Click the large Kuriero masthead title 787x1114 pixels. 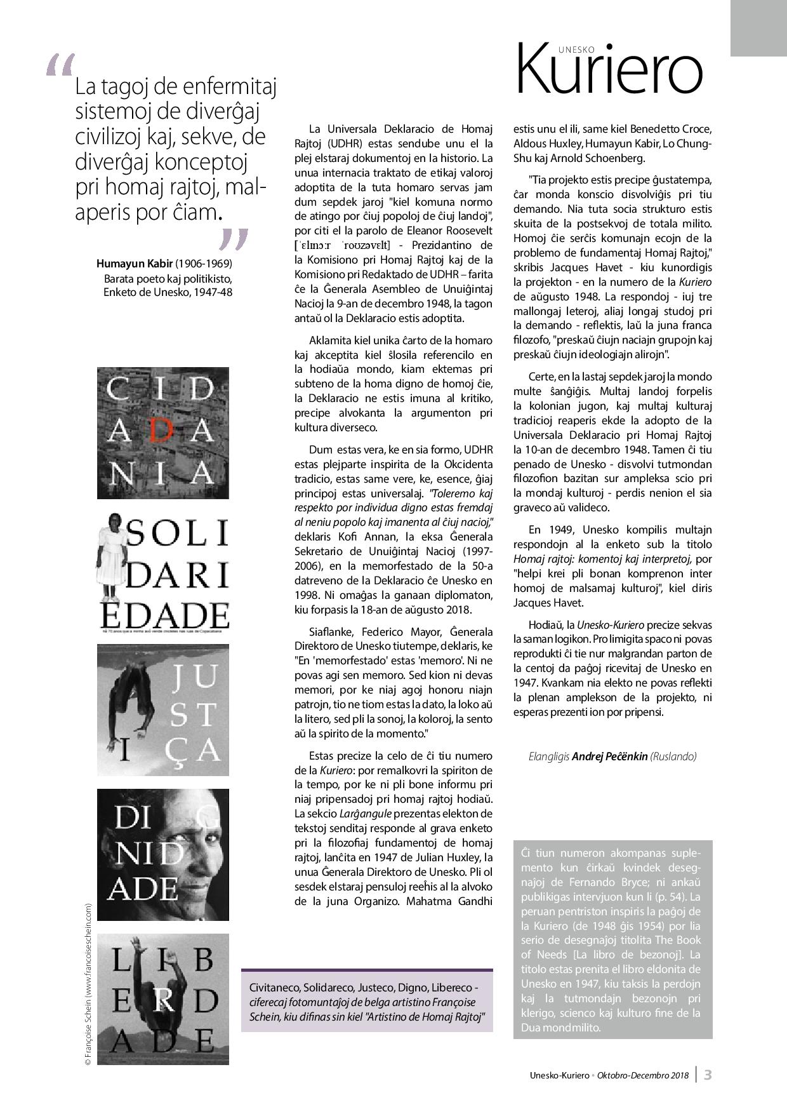609,70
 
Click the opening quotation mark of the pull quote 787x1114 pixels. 60,65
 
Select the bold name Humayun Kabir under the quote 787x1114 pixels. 135,263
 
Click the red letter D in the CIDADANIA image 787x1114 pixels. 163,432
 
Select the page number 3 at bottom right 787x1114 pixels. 708,1075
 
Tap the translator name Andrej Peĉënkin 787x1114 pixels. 609,756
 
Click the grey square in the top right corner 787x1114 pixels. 758,28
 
